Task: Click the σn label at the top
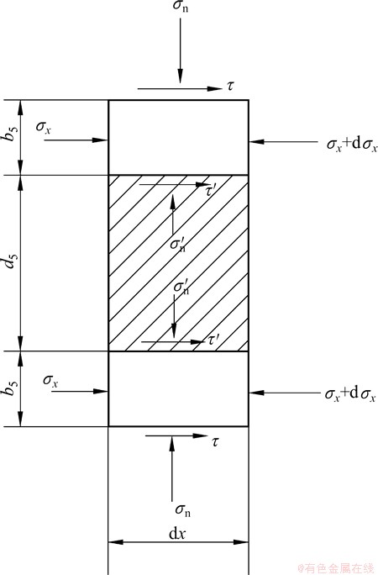pos(181,7)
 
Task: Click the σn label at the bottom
pos(183,510)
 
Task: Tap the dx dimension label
pos(177,534)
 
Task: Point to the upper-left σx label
pos(44,128)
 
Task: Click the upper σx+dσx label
pos(352,145)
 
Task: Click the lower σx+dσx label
pos(350,394)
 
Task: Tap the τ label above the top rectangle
pos(230,87)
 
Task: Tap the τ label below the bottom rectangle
pos(215,442)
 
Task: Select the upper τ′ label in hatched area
pos(212,190)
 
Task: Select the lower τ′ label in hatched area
pos(213,340)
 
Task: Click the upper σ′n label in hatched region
pos(178,244)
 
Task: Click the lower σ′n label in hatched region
pos(181,287)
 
